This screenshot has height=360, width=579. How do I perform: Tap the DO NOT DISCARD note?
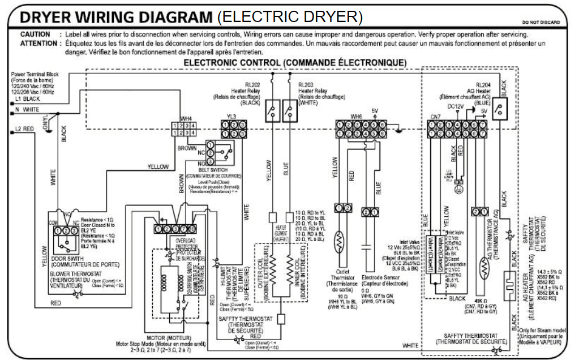[x=541, y=22]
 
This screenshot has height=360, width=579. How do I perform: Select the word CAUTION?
[x=35, y=35]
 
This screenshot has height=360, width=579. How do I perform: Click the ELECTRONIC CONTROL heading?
[x=295, y=62]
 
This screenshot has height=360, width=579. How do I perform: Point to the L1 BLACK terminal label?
[x=28, y=98]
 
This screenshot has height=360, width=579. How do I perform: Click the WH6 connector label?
[x=356, y=117]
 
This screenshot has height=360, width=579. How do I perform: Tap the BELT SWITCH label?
[x=214, y=170]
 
